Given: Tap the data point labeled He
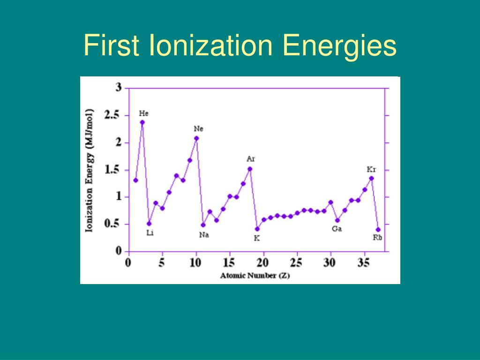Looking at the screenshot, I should [x=142, y=122].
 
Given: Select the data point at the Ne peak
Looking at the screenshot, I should [x=196, y=138].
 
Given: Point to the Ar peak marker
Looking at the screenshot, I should [x=250, y=169].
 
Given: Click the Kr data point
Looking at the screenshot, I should [x=371, y=178].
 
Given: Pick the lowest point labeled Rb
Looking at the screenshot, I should [x=378, y=229].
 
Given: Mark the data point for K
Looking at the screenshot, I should [x=257, y=229].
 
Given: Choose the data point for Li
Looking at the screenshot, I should [x=149, y=223].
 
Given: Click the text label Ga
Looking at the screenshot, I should [x=337, y=229].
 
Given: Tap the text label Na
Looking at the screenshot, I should [x=204, y=235].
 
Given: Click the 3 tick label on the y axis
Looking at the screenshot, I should [x=119, y=87].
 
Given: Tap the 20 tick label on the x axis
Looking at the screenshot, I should [x=263, y=262].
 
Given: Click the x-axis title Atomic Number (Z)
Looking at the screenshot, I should [x=255, y=276].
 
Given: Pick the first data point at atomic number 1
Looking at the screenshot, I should [x=135, y=180].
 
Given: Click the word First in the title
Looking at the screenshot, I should [x=112, y=46].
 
